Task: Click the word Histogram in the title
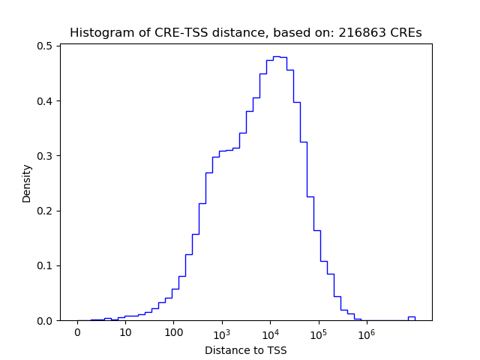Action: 97,33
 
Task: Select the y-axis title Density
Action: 27,183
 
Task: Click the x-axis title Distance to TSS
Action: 246,350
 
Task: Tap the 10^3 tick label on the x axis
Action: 222,332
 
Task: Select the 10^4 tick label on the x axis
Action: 270,332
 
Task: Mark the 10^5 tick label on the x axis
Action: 318,332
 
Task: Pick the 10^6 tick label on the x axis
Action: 366,332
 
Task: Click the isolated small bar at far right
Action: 411,318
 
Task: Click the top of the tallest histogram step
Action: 276,56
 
